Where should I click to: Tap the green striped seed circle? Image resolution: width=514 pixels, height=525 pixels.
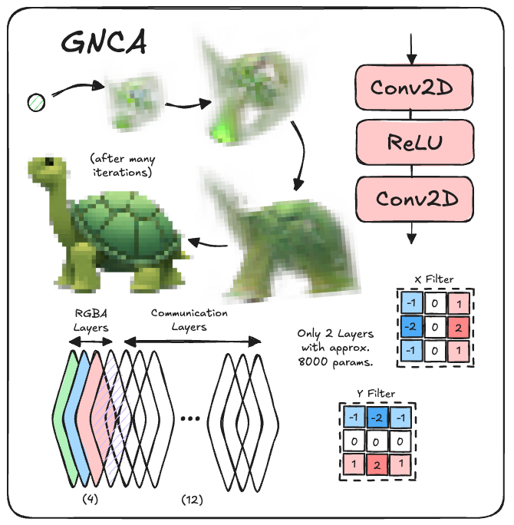pyautogui.click(x=36, y=101)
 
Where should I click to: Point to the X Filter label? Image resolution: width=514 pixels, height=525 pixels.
pyautogui.click(x=434, y=279)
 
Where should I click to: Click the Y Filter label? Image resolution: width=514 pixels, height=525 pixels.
pyautogui.click(x=376, y=393)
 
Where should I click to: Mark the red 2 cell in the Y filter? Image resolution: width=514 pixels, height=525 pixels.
pyautogui.click(x=376, y=466)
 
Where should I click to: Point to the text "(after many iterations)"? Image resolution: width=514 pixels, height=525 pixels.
pyautogui.click(x=122, y=166)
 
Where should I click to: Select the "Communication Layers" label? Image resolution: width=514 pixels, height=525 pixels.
pyautogui.click(x=189, y=319)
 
